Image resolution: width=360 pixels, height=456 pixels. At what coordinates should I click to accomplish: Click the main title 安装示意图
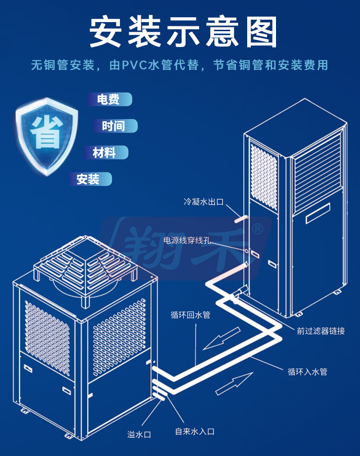183,32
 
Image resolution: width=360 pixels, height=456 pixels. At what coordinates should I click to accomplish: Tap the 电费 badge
109,99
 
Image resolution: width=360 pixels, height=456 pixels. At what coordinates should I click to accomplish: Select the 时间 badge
115,126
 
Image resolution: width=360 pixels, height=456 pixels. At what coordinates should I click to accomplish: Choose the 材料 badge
106,152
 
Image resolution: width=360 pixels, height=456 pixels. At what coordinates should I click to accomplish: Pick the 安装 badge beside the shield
90,179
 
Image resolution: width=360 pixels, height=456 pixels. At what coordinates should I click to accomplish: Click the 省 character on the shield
47,132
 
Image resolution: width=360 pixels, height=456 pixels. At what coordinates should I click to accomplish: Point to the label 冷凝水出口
204,202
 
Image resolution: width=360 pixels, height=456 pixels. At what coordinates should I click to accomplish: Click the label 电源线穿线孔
187,240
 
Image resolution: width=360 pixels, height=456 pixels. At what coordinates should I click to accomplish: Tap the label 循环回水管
191,315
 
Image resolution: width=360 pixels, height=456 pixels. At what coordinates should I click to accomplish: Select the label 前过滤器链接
321,331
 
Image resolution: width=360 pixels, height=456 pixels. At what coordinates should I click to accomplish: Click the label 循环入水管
307,372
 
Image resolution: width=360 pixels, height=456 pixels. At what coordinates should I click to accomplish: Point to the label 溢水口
139,434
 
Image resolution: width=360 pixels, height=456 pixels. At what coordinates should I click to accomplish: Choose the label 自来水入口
195,432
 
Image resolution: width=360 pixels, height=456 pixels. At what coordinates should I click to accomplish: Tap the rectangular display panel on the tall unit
318,213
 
